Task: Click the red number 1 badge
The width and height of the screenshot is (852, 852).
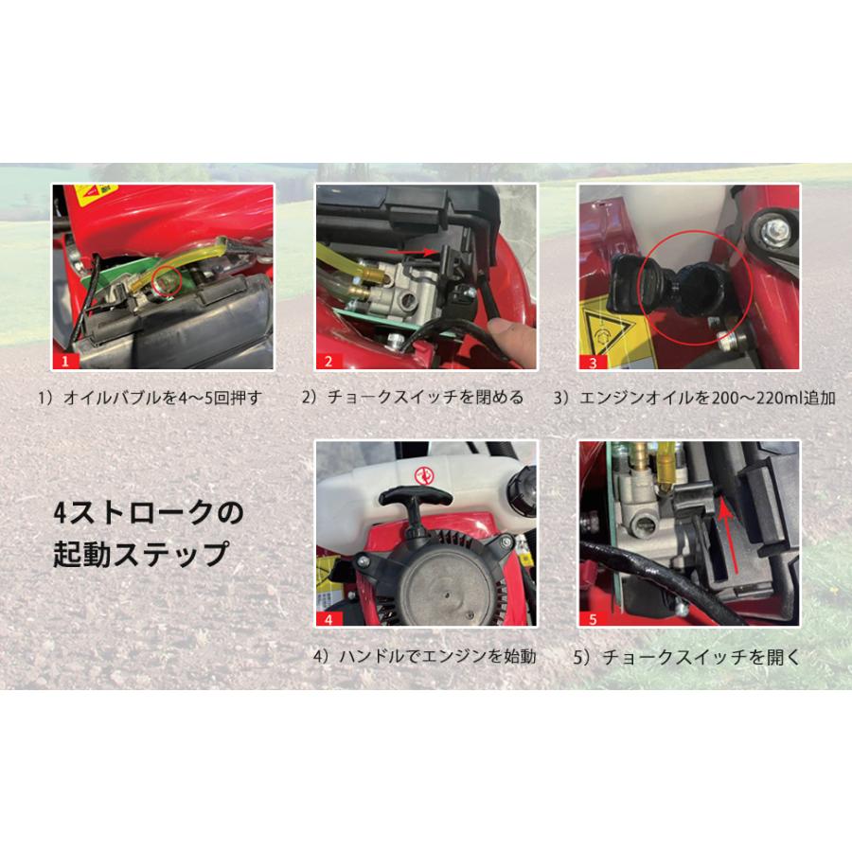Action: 64,361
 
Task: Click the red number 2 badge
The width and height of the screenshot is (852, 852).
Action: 328,361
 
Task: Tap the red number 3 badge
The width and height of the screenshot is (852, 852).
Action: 591,361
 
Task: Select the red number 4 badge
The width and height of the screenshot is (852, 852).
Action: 328,620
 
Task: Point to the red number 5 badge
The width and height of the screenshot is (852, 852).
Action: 591,620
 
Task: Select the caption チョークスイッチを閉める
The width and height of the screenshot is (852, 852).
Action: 413,398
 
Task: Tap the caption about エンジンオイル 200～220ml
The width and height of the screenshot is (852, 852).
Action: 695,398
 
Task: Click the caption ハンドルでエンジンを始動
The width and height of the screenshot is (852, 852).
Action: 423,655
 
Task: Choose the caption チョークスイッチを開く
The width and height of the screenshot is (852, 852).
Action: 688,655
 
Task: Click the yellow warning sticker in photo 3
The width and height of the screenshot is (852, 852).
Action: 603,332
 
